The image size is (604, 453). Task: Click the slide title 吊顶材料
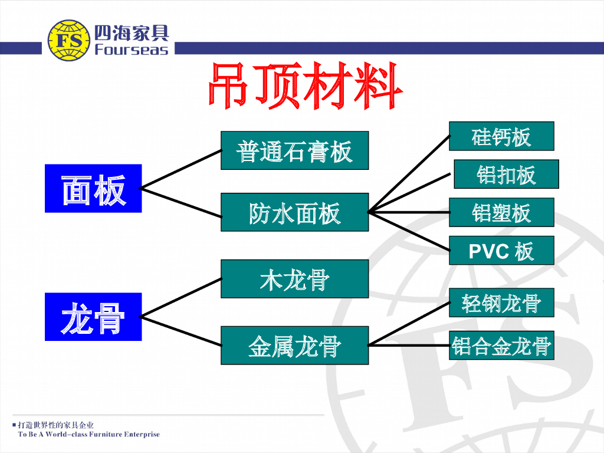305,87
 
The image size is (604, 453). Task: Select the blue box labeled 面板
93,189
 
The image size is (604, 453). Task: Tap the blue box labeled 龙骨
93,317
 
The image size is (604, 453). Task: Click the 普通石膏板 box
294,150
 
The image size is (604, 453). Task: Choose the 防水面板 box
294,212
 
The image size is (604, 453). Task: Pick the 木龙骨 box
294,279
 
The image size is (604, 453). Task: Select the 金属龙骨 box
294,346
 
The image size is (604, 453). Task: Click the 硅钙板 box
501,136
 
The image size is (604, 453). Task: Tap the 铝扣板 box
505,174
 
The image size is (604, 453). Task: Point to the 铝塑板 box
501,212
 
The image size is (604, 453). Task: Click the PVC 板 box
501,251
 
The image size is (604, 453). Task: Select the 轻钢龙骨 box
501,303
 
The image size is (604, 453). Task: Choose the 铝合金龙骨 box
501,346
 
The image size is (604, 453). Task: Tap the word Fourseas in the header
131,50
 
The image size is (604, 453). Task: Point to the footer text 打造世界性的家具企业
55,425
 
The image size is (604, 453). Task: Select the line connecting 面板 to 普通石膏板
180,169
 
